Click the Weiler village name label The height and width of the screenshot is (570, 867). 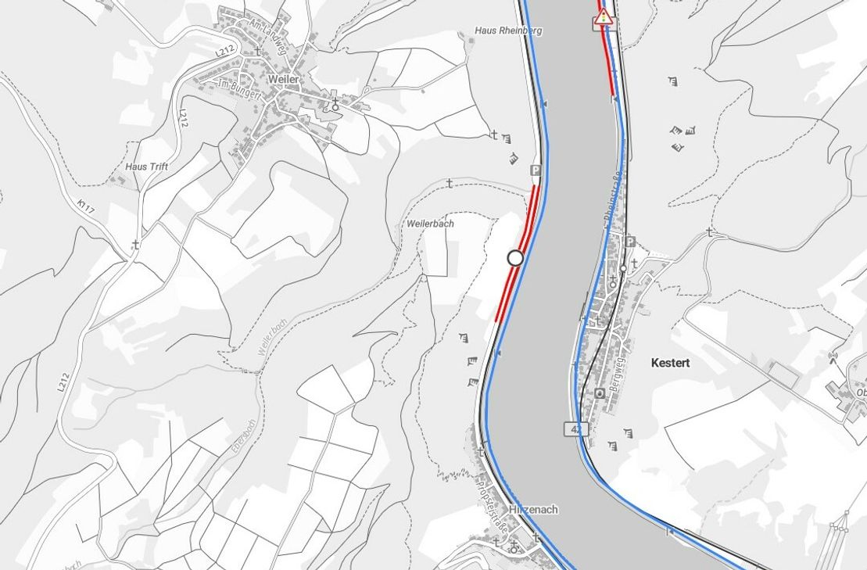click(283, 80)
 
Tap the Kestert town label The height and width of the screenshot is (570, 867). click(670, 363)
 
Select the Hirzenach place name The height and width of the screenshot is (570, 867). click(533, 509)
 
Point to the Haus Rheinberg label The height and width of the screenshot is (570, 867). click(508, 30)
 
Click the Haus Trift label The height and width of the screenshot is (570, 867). click(146, 167)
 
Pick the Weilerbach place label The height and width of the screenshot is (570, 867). click(431, 224)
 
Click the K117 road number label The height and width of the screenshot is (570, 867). click(85, 209)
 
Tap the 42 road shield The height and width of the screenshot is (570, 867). click(575, 428)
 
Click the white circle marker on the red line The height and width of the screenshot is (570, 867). click(515, 257)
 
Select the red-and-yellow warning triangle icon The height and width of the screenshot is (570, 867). click(603, 19)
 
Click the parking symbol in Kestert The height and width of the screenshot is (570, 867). click(630, 242)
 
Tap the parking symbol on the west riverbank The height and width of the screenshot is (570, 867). click(536, 170)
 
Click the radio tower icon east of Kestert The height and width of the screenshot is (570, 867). click(833, 358)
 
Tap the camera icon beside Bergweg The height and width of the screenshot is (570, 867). click(599, 393)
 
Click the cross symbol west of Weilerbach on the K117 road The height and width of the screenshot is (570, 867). click(135, 246)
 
